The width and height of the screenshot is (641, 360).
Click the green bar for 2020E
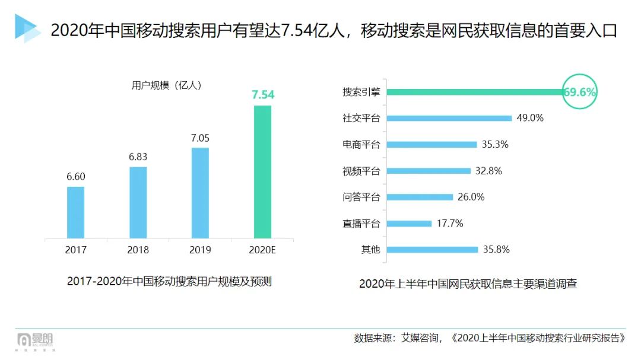(262, 172)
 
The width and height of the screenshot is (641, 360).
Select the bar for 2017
(75, 212)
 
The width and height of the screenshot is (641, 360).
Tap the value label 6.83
(138, 157)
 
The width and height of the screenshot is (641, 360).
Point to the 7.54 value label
(263, 95)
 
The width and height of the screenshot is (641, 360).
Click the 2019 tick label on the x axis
(200, 250)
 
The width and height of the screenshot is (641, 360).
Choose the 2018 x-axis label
(138, 250)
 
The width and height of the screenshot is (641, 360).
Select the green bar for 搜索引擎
(475, 92)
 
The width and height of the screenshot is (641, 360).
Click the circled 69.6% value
(579, 92)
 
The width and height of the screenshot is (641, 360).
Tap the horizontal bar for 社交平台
(449, 118)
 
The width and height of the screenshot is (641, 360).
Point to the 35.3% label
(495, 144)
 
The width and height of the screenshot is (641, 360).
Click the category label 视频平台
(361, 171)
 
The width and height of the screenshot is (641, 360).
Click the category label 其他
(370, 250)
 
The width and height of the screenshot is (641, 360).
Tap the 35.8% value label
(496, 250)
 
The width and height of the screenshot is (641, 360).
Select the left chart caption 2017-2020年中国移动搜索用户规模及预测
(169, 281)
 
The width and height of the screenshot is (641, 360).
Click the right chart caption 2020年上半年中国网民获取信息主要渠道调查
(468, 284)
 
